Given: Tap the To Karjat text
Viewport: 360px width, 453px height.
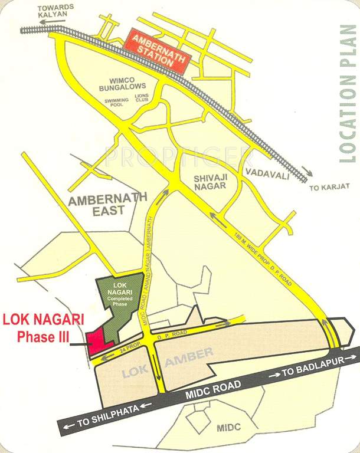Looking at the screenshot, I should pos(329,186).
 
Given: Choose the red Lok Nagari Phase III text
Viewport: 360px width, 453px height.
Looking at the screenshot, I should pos(44,329).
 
